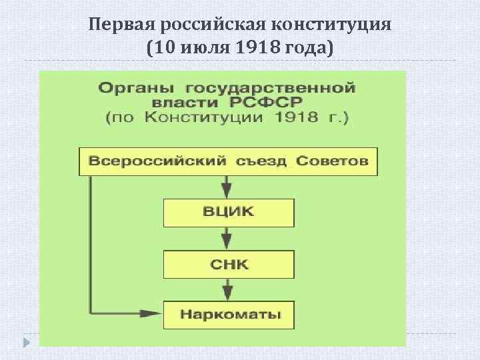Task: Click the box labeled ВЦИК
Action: click(x=228, y=213)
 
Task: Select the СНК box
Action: click(x=228, y=263)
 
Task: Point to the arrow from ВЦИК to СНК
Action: click(x=227, y=237)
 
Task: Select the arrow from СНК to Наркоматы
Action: click(x=227, y=288)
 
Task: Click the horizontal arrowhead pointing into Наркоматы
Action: click(x=149, y=312)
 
